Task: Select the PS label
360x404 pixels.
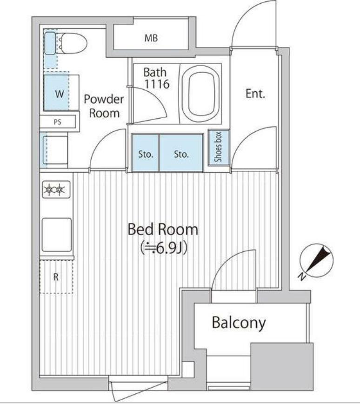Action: [x=57, y=122]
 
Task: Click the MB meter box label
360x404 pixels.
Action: [x=151, y=38]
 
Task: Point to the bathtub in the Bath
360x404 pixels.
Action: [x=200, y=94]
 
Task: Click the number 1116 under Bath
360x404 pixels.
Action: [x=157, y=84]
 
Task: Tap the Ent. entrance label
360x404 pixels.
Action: [x=255, y=94]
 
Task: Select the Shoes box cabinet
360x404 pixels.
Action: [x=219, y=147]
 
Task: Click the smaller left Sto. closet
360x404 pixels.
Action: [x=145, y=153]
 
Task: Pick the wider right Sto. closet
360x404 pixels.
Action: [x=181, y=153]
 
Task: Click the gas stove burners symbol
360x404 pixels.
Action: [x=56, y=189]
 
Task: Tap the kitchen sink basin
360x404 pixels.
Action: [x=57, y=235]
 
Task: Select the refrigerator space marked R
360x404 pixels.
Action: [x=56, y=277]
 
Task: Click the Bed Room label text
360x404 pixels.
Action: [x=163, y=229]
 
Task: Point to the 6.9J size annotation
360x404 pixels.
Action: [x=164, y=249]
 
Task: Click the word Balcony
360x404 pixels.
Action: [x=239, y=323]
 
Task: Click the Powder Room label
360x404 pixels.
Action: [x=104, y=106]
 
